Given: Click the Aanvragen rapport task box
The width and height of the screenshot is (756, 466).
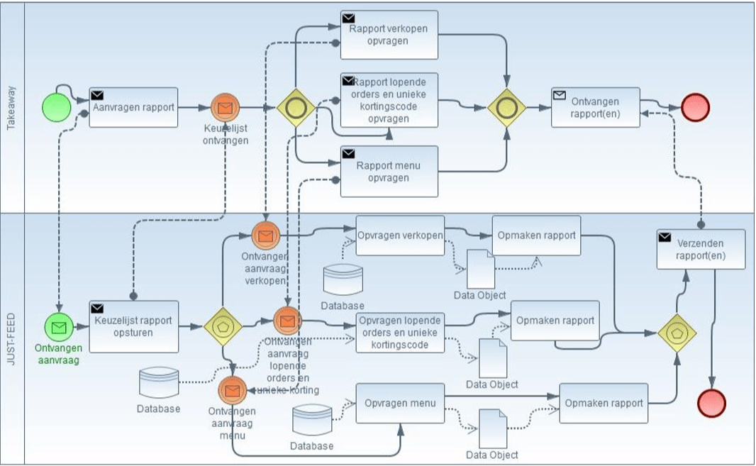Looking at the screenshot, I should tap(133, 107).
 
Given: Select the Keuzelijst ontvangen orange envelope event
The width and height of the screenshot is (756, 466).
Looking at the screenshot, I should tap(226, 108).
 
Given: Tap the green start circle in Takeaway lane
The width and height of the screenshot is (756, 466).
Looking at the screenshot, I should tap(56, 108).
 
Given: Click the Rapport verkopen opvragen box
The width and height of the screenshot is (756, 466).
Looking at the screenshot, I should tap(389, 35).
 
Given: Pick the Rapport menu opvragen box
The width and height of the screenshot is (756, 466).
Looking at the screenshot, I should tap(389, 171).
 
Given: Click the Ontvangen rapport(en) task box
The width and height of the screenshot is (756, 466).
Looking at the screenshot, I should tap(595, 107).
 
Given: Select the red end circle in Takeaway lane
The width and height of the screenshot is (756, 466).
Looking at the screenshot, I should tap(695, 107).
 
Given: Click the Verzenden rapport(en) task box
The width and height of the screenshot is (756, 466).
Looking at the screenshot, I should tap(701, 249).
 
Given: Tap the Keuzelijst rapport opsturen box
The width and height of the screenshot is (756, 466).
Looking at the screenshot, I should tap(133, 326).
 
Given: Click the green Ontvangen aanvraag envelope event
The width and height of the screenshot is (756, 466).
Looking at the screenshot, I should tap(59, 326).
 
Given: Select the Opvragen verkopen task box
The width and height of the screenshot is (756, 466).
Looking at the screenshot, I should tap(400, 235).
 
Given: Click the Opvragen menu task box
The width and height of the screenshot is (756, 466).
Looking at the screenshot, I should tap(400, 403).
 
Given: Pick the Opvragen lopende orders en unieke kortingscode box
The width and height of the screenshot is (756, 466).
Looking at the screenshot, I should tap(400, 331).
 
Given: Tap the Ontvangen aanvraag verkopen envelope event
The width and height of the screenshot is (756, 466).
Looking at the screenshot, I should tap(265, 235).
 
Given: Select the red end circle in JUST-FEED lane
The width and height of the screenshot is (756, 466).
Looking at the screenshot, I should tap(711, 402).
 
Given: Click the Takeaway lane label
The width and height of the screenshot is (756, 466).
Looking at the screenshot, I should tap(11, 108).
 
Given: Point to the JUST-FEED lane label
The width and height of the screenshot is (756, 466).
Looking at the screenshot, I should tap(11, 339).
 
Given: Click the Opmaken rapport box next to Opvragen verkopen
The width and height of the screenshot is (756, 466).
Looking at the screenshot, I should tap(536, 235).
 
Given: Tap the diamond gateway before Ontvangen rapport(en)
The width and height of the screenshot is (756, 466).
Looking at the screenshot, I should tap(506, 108).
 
